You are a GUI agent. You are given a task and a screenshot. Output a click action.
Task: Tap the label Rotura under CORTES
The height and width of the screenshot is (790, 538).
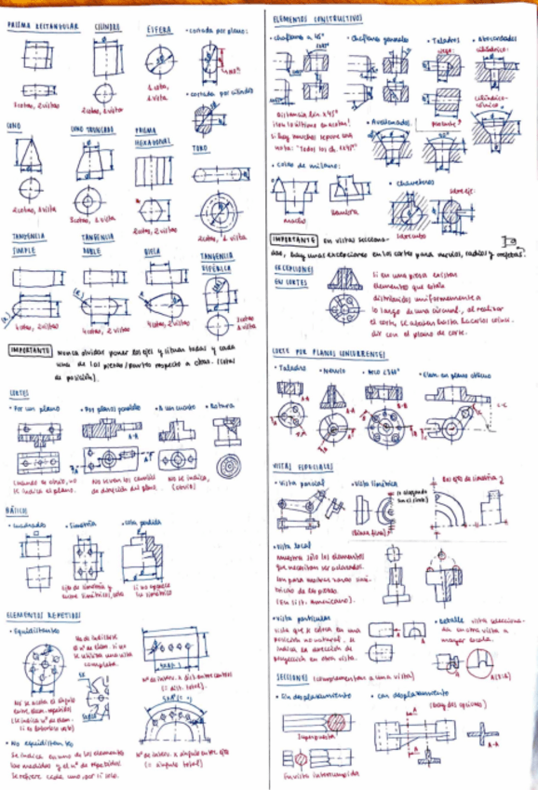tap(223, 408)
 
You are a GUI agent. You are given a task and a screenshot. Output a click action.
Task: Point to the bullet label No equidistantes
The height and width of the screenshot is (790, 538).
tap(42, 743)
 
